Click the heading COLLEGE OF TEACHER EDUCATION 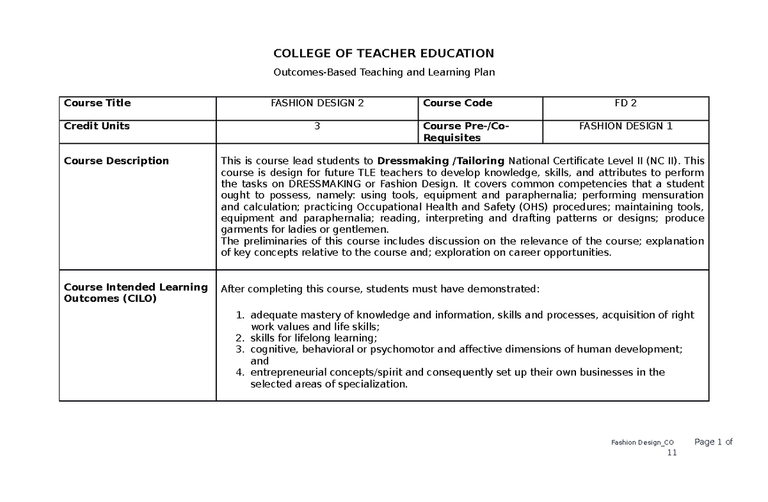coord(384,53)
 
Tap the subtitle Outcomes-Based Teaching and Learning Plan coord(384,72)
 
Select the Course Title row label coord(97,103)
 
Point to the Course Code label coord(458,103)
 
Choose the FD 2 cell coord(625,103)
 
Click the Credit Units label coord(97,126)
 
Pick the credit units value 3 coord(317,126)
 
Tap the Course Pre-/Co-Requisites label coord(465,132)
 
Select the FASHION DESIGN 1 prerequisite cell coord(625,126)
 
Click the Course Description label coord(116,161)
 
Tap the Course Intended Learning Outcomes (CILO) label coord(136,293)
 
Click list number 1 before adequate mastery coord(240,315)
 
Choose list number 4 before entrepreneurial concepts coord(240,372)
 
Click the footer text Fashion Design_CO coord(642,443)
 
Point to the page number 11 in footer coord(671,453)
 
